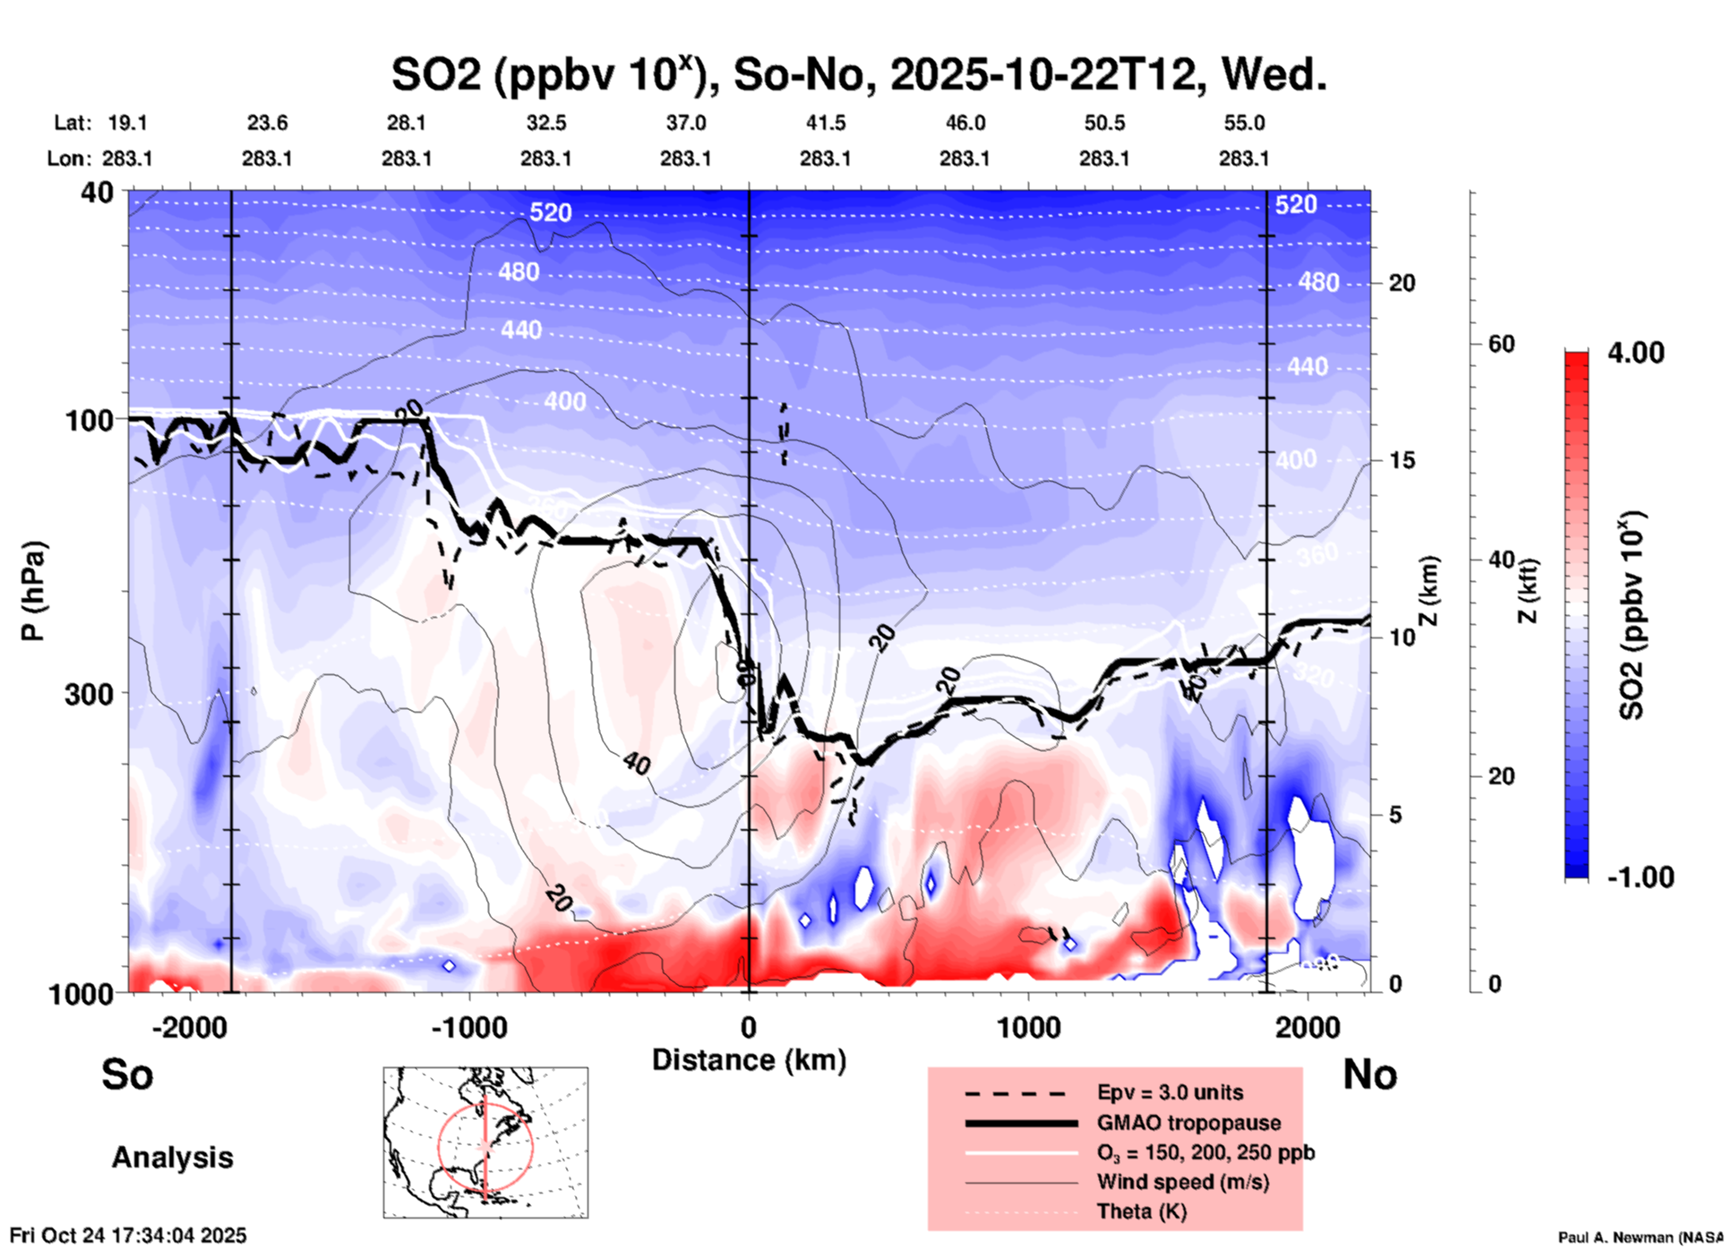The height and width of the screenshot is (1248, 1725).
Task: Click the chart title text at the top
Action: (858, 74)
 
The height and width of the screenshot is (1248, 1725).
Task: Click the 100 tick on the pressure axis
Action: (90, 420)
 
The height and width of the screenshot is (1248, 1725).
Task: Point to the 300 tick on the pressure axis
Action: (90, 694)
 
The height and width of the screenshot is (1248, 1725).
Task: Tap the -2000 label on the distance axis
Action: (190, 1028)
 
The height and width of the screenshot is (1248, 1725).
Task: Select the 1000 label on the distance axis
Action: (1028, 1028)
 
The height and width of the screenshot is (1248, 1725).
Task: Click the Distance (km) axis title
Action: (749, 1060)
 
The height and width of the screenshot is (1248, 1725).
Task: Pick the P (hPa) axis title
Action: (33, 591)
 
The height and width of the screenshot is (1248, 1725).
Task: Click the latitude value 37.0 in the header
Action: (686, 123)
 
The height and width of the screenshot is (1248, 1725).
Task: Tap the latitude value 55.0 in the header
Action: (1244, 123)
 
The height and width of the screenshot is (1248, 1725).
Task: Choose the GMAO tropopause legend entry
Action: (1189, 1123)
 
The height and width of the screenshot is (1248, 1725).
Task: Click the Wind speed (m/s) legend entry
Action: (1182, 1182)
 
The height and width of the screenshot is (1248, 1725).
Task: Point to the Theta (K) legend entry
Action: (1141, 1211)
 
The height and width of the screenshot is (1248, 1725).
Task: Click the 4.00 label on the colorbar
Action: (1635, 353)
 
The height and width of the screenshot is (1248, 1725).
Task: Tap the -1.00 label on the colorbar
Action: (1640, 877)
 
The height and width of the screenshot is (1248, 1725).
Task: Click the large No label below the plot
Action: (1369, 1075)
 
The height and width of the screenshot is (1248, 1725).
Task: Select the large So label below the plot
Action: (127, 1074)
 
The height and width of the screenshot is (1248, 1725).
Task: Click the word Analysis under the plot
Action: (172, 1158)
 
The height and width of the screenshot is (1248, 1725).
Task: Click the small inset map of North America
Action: (485, 1142)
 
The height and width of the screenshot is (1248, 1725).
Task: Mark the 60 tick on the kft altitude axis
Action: (1501, 344)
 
